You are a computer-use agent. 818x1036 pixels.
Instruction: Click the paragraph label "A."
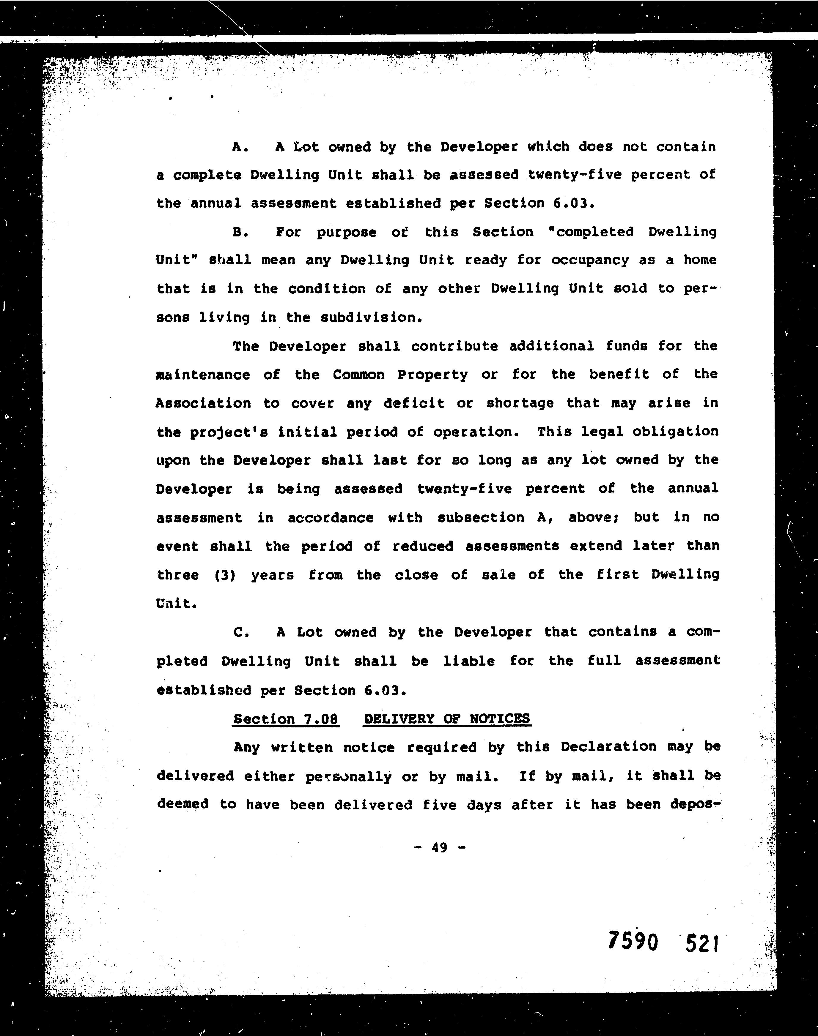[x=240, y=147]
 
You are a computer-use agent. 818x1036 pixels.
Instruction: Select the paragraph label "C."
[x=241, y=633]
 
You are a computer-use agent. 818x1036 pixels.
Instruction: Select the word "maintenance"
[x=203, y=375]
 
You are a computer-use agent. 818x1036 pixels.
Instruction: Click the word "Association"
[x=203, y=403]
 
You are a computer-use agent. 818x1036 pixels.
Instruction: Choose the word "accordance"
[x=331, y=518]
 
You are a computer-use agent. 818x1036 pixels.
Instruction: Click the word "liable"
[x=469, y=661]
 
